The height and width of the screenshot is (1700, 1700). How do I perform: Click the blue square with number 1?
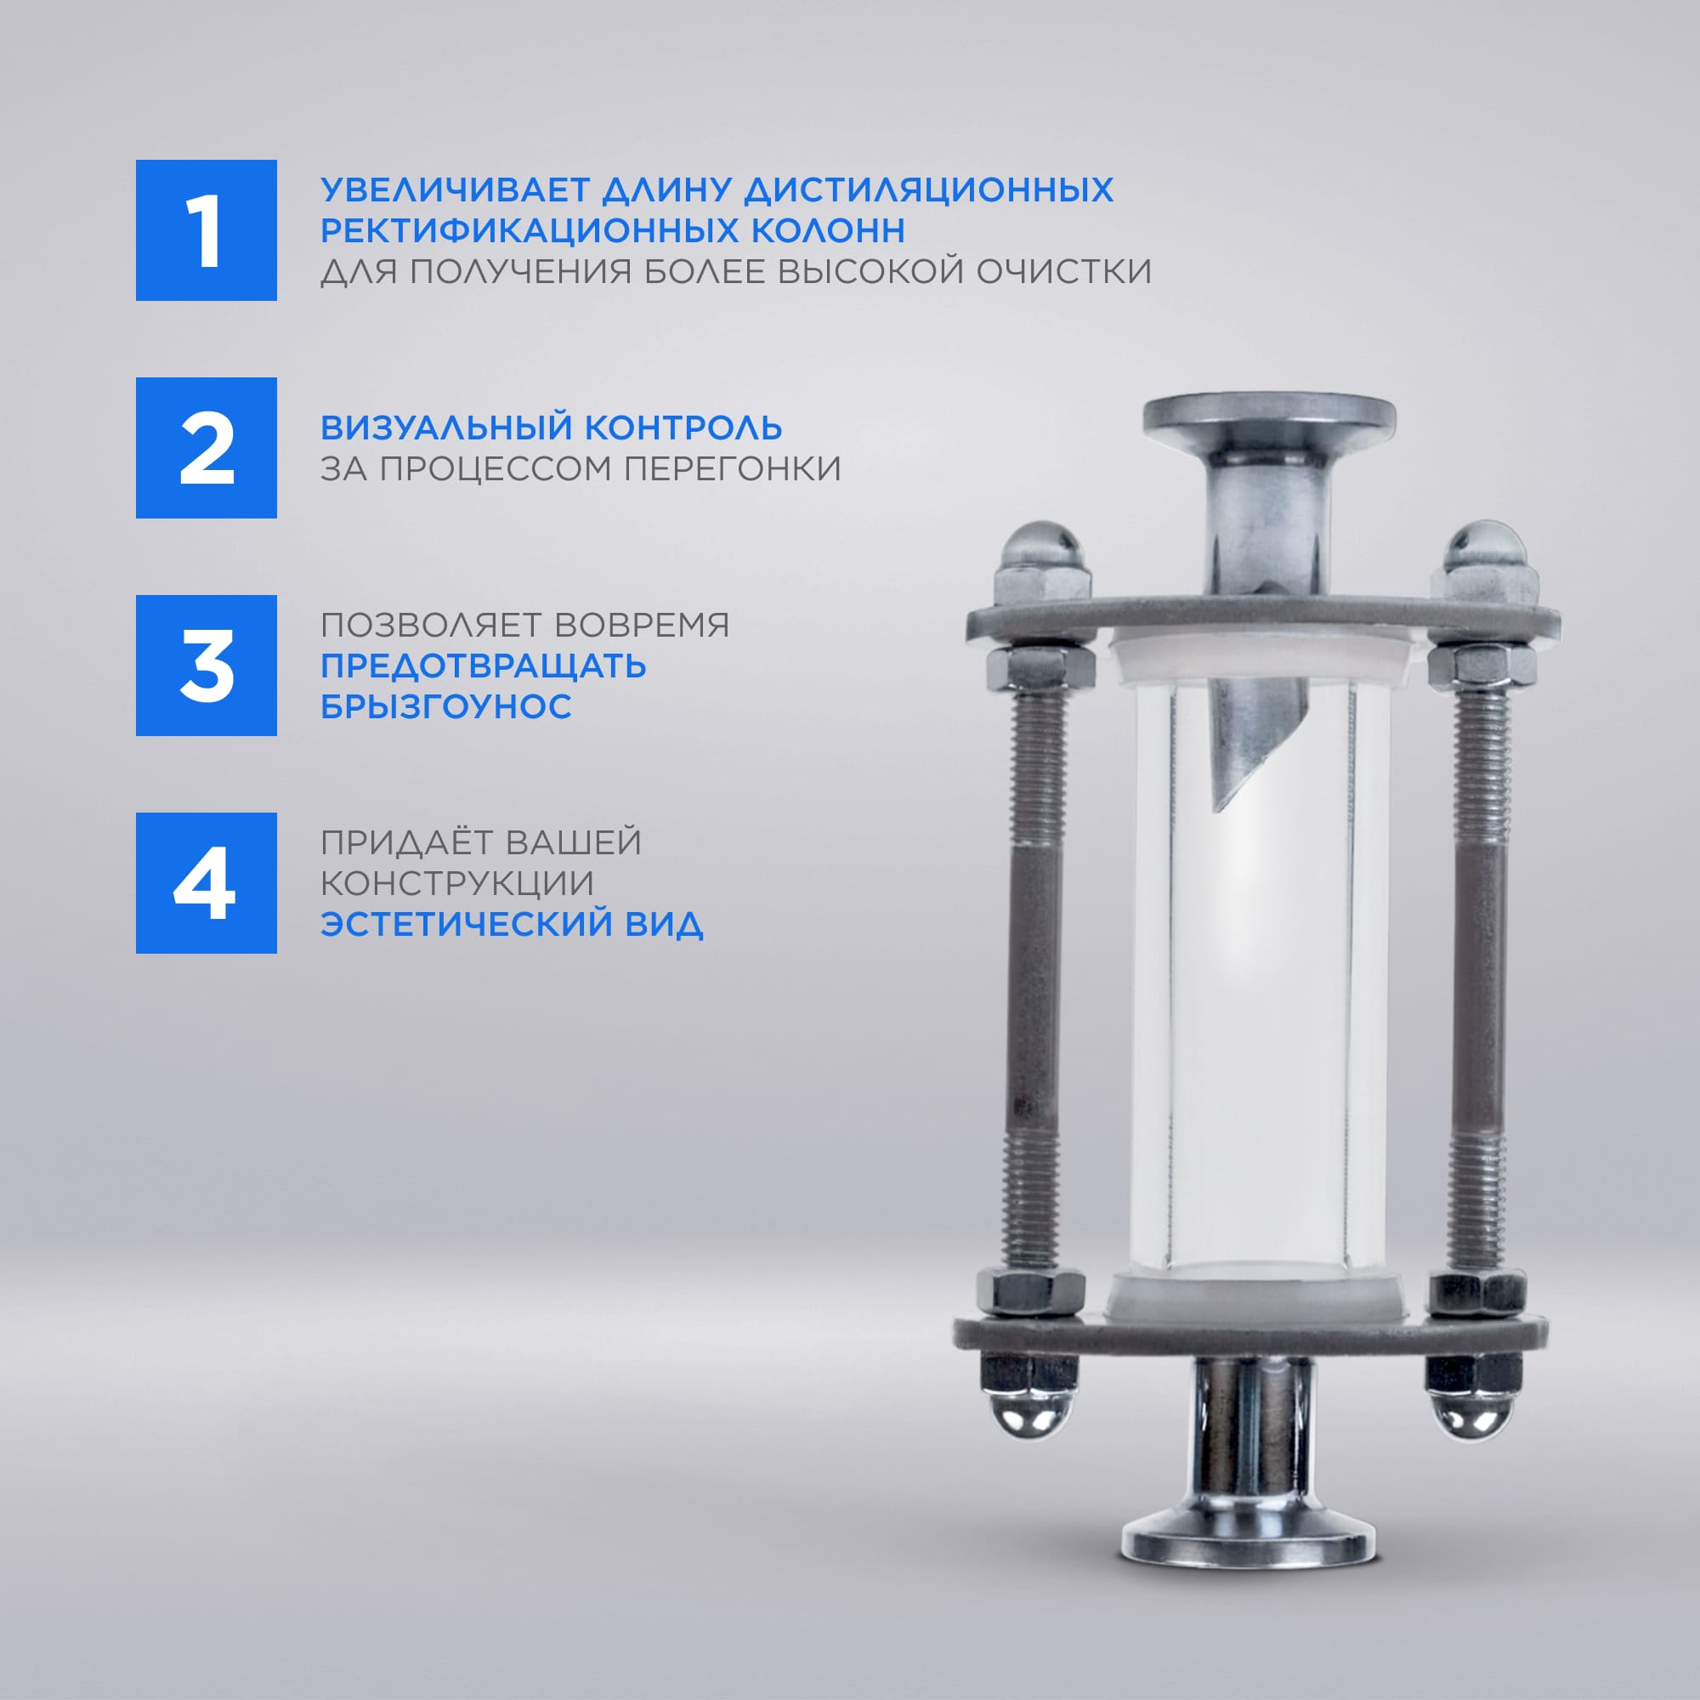click(x=206, y=229)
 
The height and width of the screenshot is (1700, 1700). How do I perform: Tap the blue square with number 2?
click(x=206, y=448)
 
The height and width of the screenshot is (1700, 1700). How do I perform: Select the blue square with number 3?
click(x=206, y=666)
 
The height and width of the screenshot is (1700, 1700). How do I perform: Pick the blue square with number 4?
click(x=206, y=882)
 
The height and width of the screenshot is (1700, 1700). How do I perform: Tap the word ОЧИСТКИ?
click(x=1064, y=271)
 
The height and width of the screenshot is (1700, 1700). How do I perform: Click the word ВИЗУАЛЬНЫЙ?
click(x=446, y=428)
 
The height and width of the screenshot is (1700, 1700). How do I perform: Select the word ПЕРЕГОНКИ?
click(x=732, y=468)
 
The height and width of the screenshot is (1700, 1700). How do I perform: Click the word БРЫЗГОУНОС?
click(x=446, y=706)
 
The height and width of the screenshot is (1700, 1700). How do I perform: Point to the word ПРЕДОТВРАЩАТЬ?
click(x=483, y=666)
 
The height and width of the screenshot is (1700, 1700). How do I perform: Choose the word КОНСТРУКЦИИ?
click(x=457, y=883)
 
